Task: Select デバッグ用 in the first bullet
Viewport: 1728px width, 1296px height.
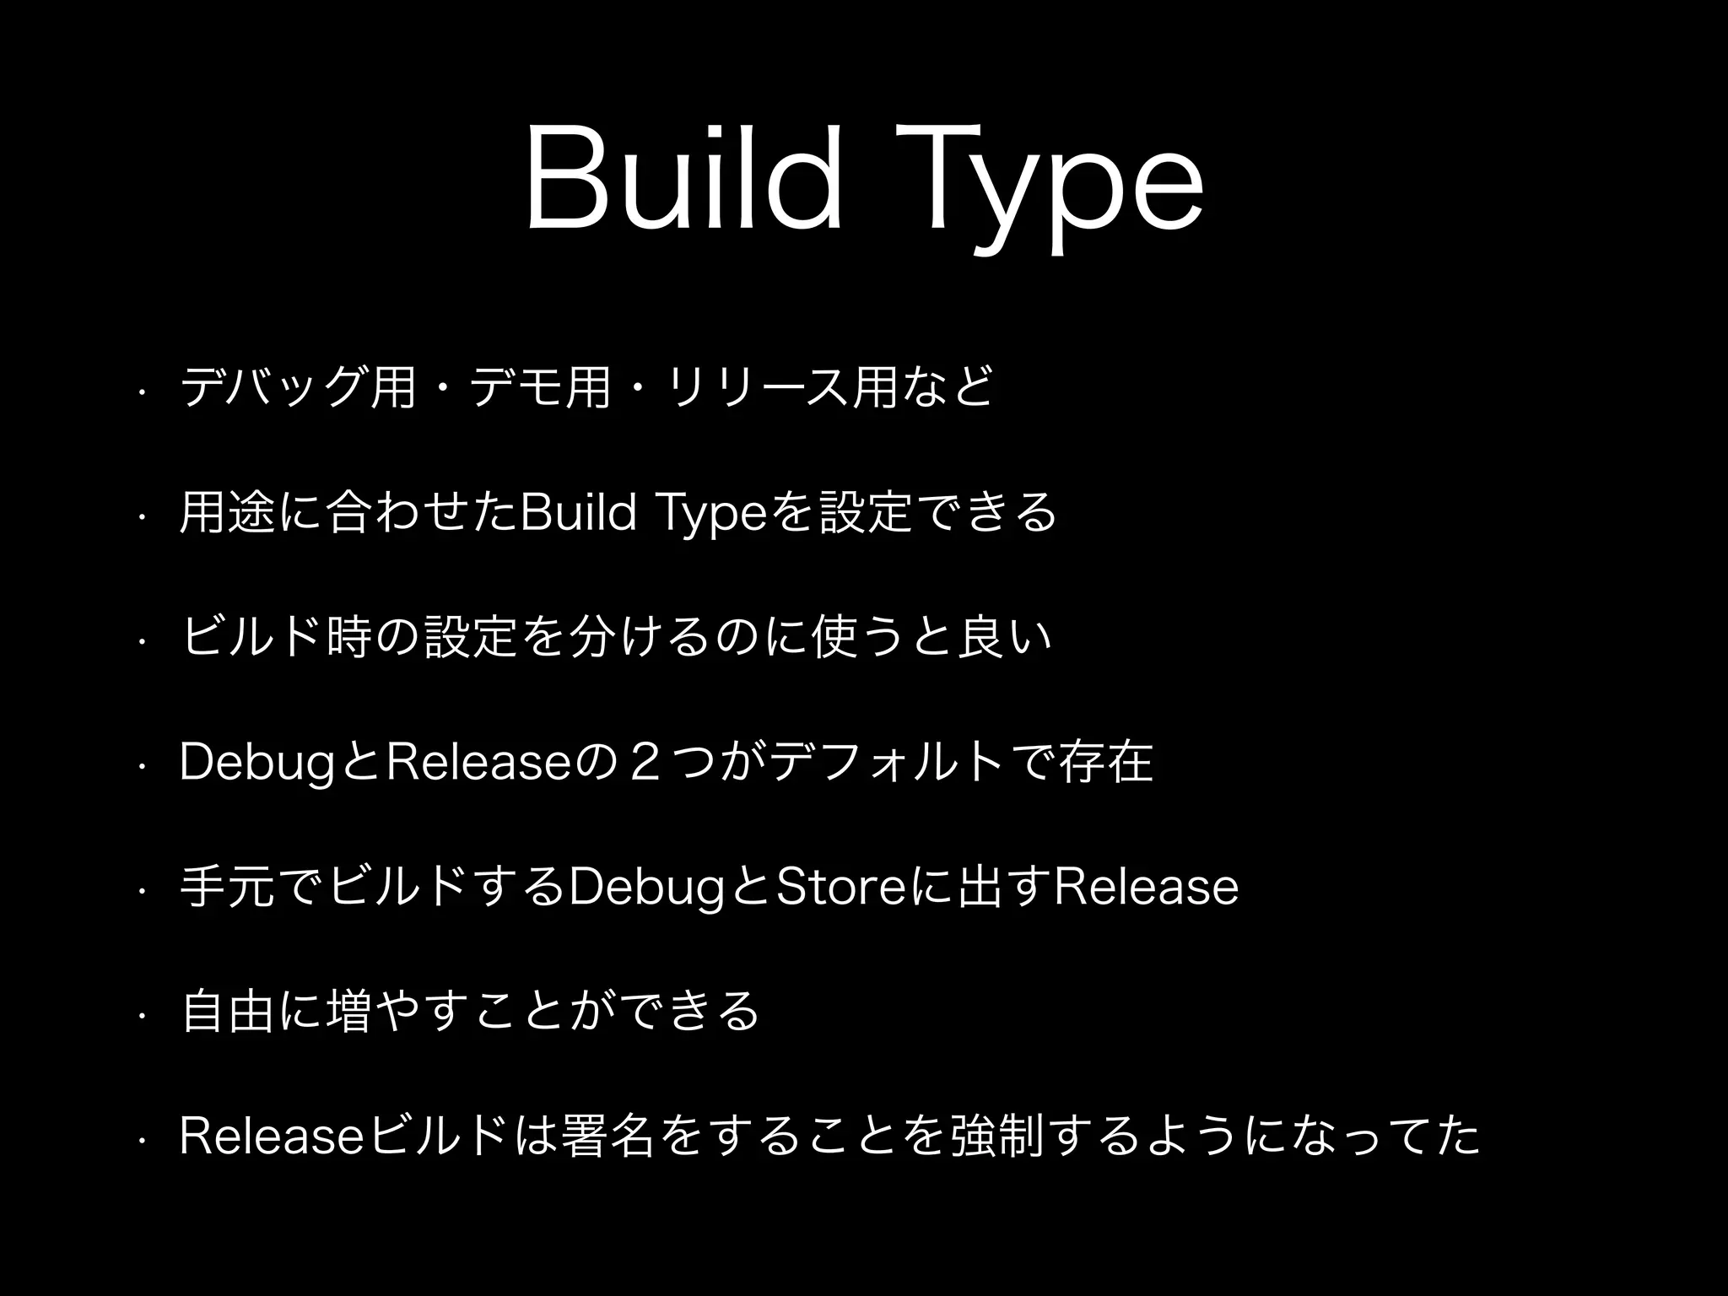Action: pos(300,389)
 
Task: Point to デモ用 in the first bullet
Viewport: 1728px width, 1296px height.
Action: pos(540,389)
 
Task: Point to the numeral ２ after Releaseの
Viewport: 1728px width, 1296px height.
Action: pos(644,762)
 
